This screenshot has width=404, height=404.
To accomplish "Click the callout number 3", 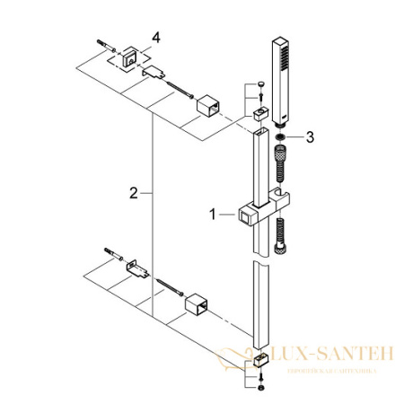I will (310, 137).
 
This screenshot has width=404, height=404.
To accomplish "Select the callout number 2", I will (133, 193).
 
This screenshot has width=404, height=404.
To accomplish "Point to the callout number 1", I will (213, 214).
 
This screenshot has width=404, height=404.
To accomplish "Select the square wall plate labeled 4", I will (130, 56).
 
